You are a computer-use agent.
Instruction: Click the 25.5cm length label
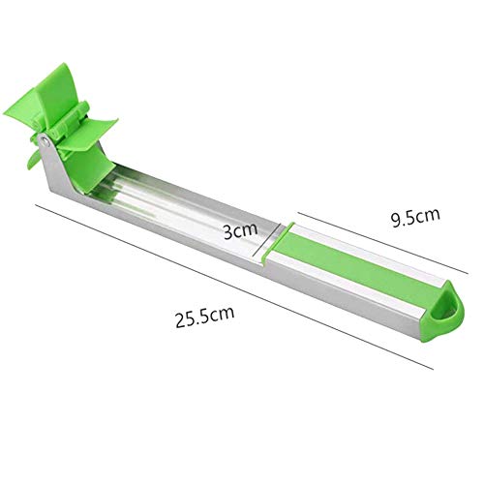click(204, 317)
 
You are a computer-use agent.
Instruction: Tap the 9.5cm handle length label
click(415, 217)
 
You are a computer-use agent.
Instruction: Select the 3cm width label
click(241, 230)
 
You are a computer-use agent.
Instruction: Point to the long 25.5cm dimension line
click(234, 287)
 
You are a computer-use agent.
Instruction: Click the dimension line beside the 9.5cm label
click(382, 243)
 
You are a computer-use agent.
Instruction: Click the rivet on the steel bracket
click(45, 140)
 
